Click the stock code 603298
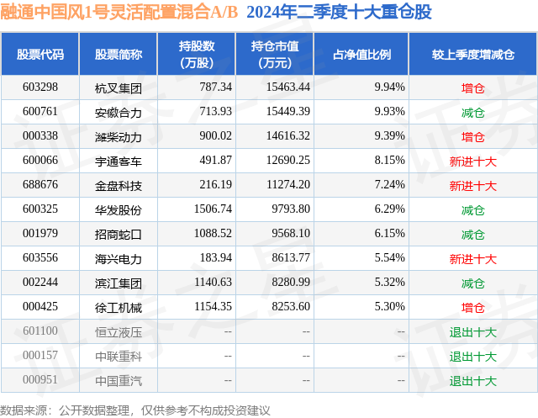(x=40, y=87)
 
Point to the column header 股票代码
(x=40, y=55)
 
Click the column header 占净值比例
(x=367, y=55)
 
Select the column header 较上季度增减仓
(x=472, y=55)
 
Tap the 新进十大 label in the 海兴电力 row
(x=472, y=259)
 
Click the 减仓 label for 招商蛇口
(x=472, y=235)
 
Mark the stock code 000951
(x=40, y=381)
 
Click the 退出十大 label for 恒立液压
(x=472, y=332)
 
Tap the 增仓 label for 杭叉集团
(x=472, y=87)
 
